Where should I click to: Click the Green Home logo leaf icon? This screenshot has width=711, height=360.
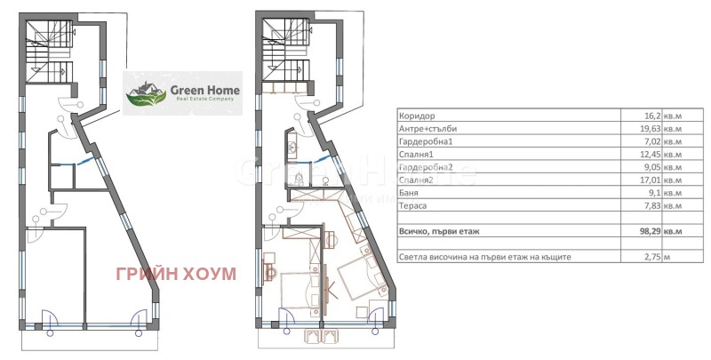coord(146,94)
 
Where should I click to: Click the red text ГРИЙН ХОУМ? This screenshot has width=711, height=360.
coord(176,274)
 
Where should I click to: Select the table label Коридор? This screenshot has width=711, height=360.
coord(416,116)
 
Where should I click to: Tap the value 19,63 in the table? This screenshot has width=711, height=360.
coord(651,129)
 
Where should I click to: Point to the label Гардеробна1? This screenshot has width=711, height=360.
coord(426,141)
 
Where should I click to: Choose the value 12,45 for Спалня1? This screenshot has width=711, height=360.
coord(651,154)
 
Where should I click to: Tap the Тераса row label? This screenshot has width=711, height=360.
coord(413,206)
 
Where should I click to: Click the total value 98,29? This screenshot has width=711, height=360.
coord(651,231)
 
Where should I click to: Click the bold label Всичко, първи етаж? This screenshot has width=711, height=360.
coord(439,231)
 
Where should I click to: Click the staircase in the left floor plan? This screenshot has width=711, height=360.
coord(50,52)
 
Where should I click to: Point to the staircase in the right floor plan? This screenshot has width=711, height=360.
coord(286,52)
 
